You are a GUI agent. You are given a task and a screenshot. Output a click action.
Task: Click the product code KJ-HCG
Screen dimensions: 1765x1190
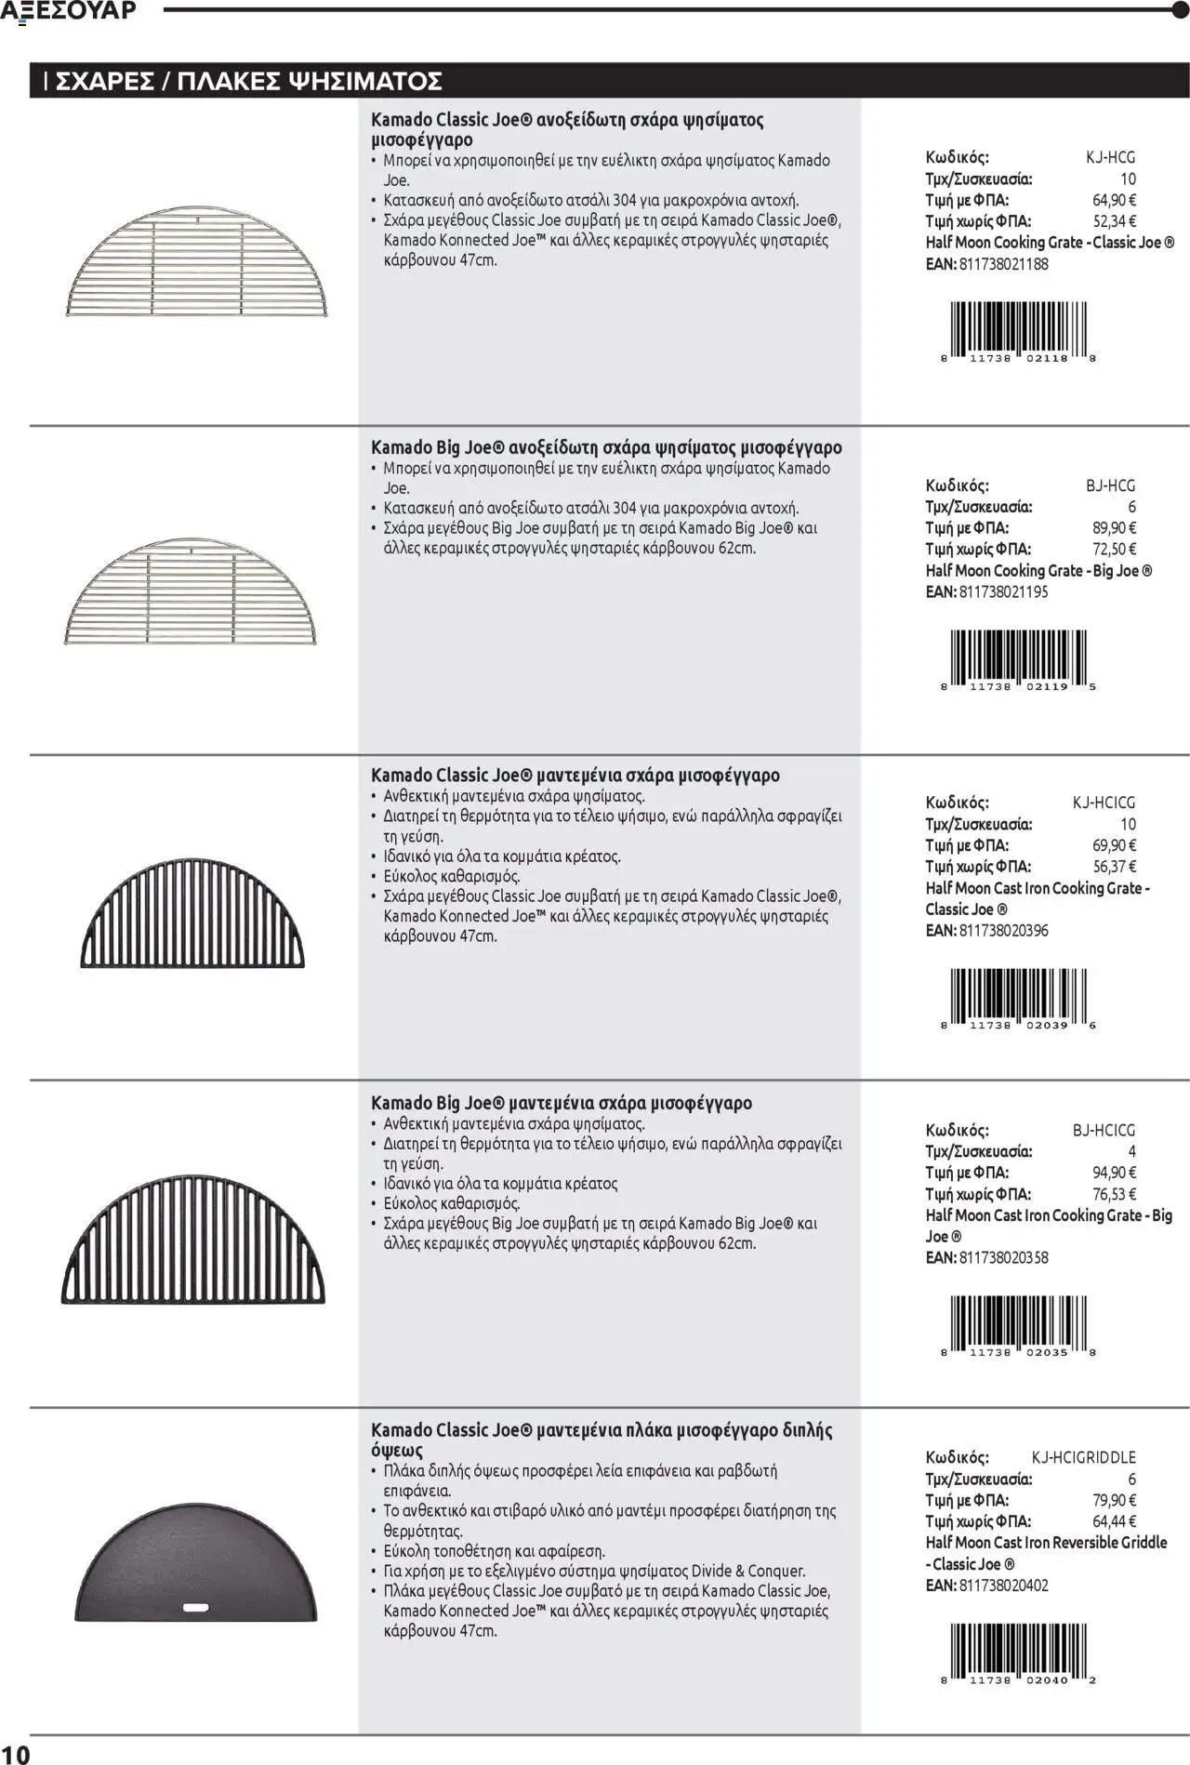1110,157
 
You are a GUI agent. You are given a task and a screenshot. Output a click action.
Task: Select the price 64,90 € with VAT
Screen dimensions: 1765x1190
1114,200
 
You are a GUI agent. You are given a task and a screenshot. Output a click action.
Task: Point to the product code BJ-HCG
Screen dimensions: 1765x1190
1110,485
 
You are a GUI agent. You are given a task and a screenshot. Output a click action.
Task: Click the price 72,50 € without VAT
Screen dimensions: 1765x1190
1114,550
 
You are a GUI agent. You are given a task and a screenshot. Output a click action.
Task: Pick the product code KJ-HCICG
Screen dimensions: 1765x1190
1104,803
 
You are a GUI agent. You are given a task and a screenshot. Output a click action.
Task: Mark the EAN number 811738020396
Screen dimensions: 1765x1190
1003,931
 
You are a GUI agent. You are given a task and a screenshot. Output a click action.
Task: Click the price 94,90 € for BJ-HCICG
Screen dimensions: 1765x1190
1114,1174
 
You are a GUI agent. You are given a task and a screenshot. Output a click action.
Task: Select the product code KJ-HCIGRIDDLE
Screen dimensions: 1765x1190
1083,1458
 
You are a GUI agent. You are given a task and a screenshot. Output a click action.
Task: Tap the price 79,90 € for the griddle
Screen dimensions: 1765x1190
1114,1501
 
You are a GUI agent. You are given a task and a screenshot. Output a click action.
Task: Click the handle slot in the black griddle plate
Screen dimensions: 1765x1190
196,1607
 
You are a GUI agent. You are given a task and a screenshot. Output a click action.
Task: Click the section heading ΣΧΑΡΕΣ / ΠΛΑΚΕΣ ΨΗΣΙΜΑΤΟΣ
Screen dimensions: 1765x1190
248,82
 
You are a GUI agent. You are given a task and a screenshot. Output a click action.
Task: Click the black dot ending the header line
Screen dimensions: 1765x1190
1181,10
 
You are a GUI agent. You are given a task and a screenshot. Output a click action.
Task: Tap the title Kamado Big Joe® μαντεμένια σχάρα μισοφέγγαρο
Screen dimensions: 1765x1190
562,1104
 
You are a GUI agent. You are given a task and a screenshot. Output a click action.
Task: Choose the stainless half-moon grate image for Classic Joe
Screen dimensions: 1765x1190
197,263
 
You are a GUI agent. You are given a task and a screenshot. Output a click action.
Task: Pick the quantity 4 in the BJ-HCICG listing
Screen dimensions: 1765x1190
1131,1152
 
